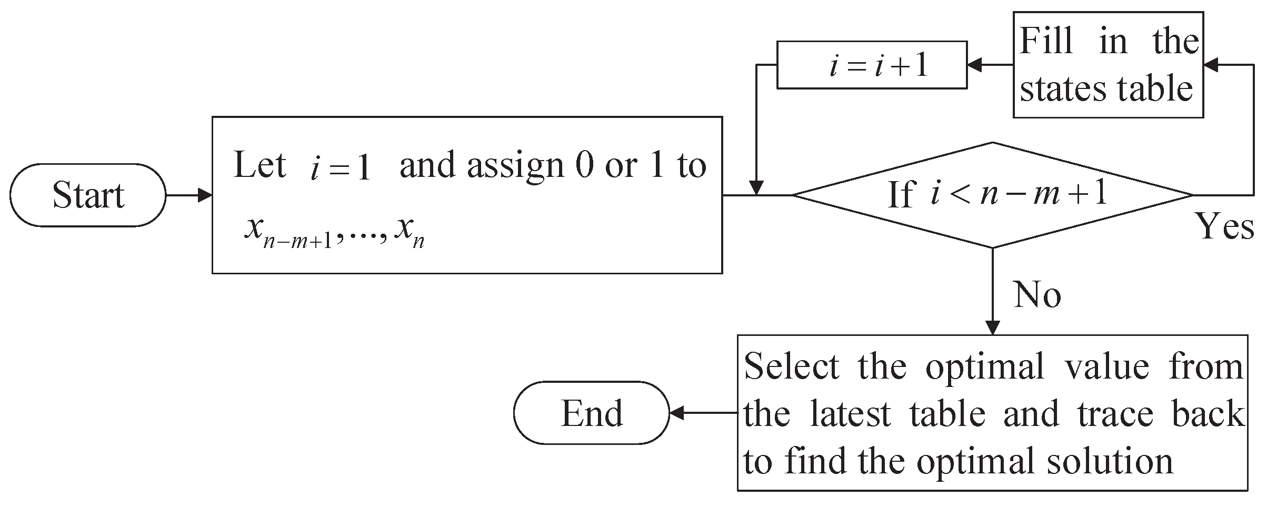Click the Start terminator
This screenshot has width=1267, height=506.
pos(88,195)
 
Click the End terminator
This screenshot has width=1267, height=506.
pos(591,413)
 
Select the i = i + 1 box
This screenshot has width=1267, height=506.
pos(872,65)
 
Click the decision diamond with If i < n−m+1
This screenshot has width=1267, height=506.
pos(992,195)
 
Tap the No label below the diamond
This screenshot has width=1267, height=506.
pos(1037,294)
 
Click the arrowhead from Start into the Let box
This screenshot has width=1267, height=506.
pos(205,195)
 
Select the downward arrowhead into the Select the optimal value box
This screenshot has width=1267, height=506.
pos(992,328)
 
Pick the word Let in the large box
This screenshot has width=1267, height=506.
pos(260,165)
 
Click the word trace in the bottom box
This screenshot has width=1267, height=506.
pos(1115,414)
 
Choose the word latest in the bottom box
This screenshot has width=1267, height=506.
pos(850,414)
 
